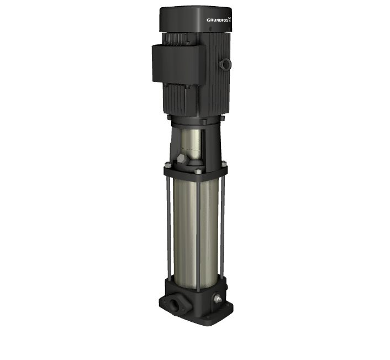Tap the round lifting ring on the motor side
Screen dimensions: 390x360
point(225,64)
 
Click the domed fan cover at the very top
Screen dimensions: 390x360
point(196,19)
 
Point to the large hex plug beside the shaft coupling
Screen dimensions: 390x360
point(182,159)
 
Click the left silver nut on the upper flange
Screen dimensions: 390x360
point(167,164)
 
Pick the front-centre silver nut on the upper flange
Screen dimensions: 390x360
point(198,171)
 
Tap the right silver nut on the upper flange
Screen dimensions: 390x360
point(224,164)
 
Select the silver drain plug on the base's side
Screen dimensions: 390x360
point(218,299)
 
